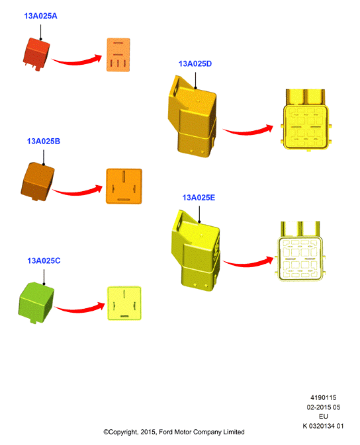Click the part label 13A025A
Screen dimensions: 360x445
click(40, 16)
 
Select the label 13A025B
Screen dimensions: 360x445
click(44, 141)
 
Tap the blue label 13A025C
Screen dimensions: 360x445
click(44, 261)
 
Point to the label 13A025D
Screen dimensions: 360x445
click(195, 63)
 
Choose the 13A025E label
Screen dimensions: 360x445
click(199, 198)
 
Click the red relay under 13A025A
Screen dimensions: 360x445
click(36, 54)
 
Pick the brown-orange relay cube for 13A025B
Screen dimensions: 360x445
click(37, 182)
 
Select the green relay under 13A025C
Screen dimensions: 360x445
click(36, 303)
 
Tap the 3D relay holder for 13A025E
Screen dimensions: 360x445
click(196, 251)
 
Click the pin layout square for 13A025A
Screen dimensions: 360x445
click(118, 55)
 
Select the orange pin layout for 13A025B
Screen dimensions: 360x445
click(124, 186)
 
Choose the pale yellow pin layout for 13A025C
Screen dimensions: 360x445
click(124, 303)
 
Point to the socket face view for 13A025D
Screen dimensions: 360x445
click(306, 120)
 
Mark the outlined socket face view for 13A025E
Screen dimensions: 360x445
click(300, 251)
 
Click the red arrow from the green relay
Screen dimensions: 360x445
click(79, 309)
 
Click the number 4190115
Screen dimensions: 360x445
click(323, 397)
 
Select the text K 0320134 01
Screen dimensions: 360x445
click(323, 426)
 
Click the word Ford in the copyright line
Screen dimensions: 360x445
click(165, 432)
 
